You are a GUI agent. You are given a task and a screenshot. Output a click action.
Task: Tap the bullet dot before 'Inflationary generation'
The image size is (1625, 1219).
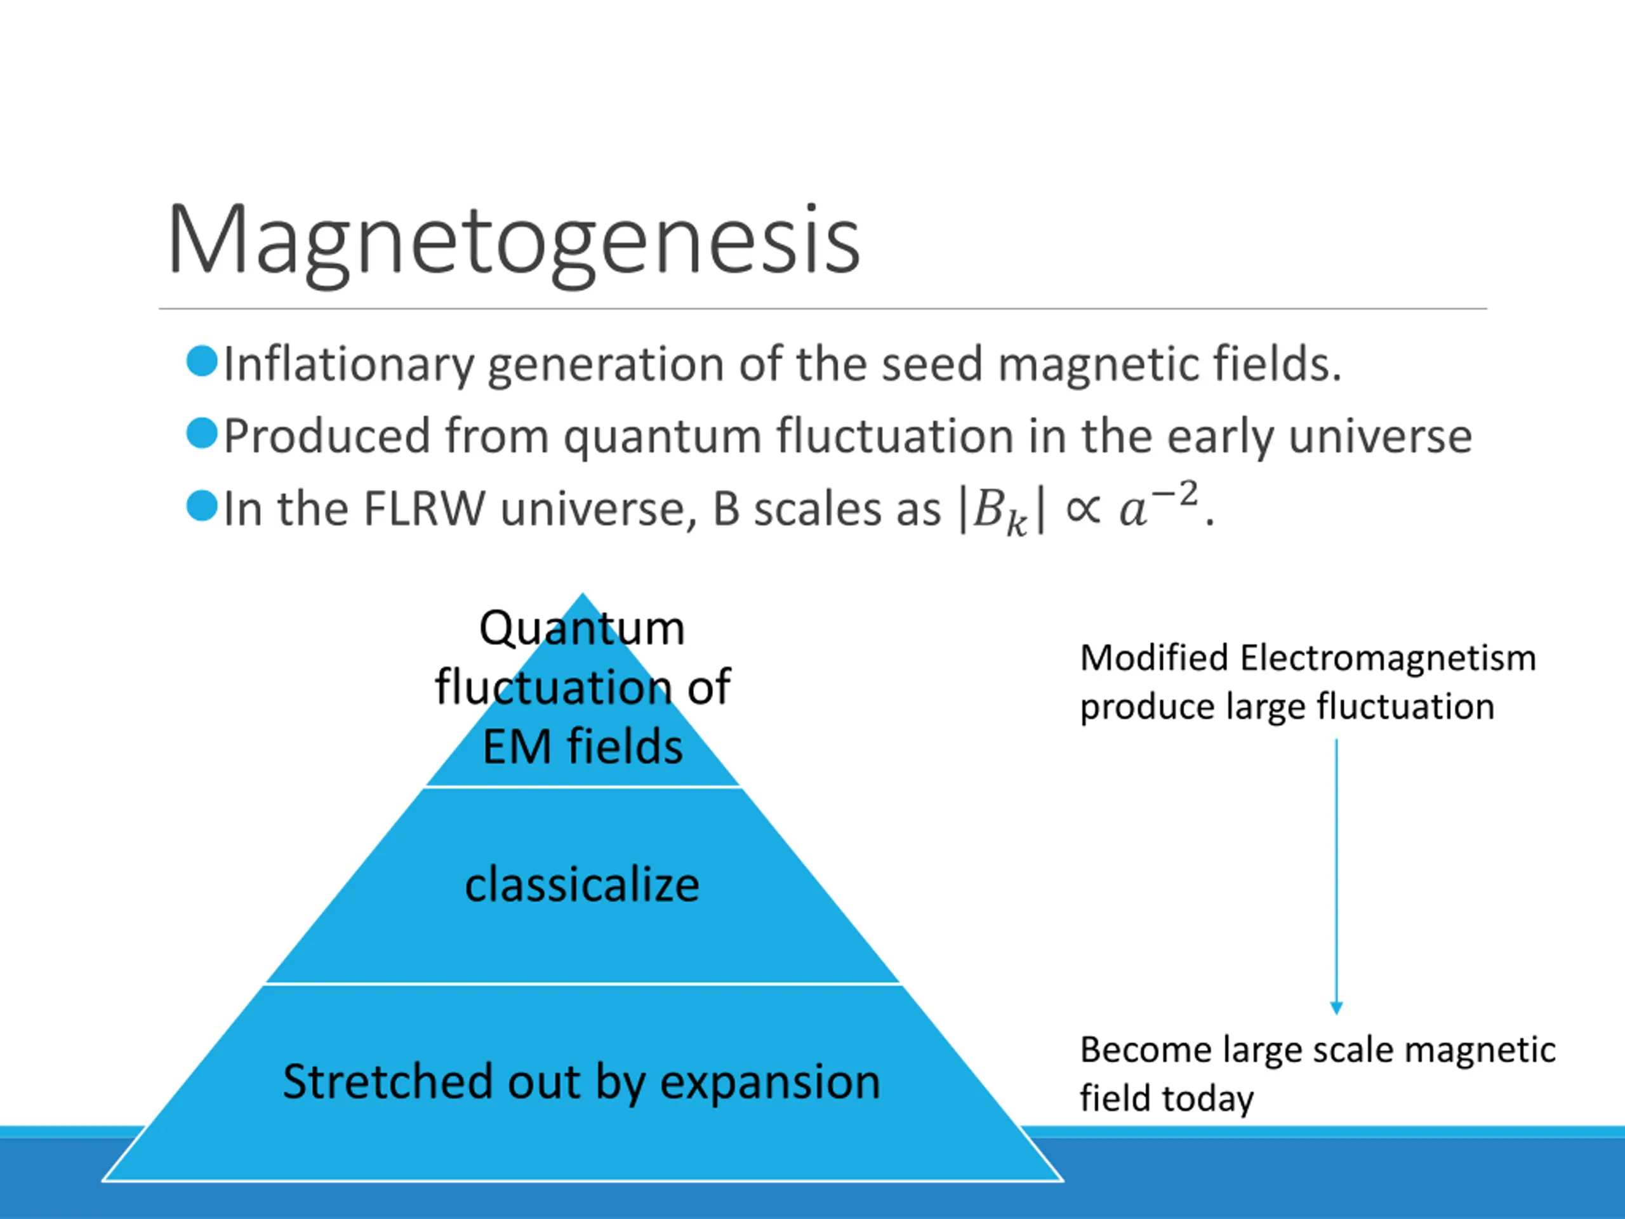202,361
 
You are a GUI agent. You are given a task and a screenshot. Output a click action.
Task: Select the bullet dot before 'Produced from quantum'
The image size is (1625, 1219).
202,434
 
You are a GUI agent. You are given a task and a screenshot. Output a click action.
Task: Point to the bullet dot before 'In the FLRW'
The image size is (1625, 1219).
202,506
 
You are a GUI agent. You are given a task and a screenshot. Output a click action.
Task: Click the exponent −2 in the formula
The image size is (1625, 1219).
1174,495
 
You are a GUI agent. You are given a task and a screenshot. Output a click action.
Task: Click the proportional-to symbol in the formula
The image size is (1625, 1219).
1082,509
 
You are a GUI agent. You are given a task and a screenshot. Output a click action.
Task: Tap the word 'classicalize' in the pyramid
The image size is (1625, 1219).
582,884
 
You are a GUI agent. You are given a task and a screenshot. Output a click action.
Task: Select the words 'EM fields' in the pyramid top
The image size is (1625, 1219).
583,747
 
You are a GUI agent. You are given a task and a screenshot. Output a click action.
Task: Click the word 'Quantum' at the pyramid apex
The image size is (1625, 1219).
582,629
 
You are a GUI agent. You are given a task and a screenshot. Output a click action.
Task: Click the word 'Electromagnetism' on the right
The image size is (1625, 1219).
1388,658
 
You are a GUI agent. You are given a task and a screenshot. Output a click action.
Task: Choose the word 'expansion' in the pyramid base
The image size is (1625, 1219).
770,1082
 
